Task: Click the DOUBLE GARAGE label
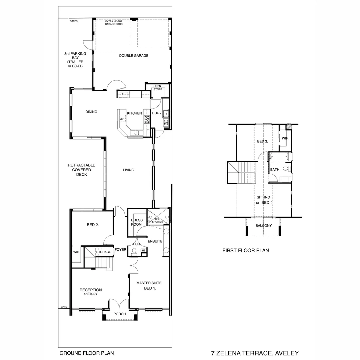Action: [134, 56]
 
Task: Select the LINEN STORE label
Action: [158, 88]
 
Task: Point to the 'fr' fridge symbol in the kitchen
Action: [123, 95]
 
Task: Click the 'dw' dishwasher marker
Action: [122, 119]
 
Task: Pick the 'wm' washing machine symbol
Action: [166, 123]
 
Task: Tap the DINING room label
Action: [91, 112]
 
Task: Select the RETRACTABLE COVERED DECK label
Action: [81, 170]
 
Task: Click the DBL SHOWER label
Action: [157, 220]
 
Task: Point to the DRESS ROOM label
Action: [137, 222]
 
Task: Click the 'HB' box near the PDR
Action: [144, 250]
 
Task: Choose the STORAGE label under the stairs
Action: [103, 252]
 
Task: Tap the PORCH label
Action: [120, 314]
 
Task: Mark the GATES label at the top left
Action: [74, 21]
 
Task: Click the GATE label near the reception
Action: [63, 307]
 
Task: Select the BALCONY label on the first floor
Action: [263, 226]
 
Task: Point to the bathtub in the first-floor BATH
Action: [280, 156]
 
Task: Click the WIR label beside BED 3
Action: [285, 138]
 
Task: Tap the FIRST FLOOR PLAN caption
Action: [245, 250]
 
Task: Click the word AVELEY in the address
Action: [286, 353]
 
